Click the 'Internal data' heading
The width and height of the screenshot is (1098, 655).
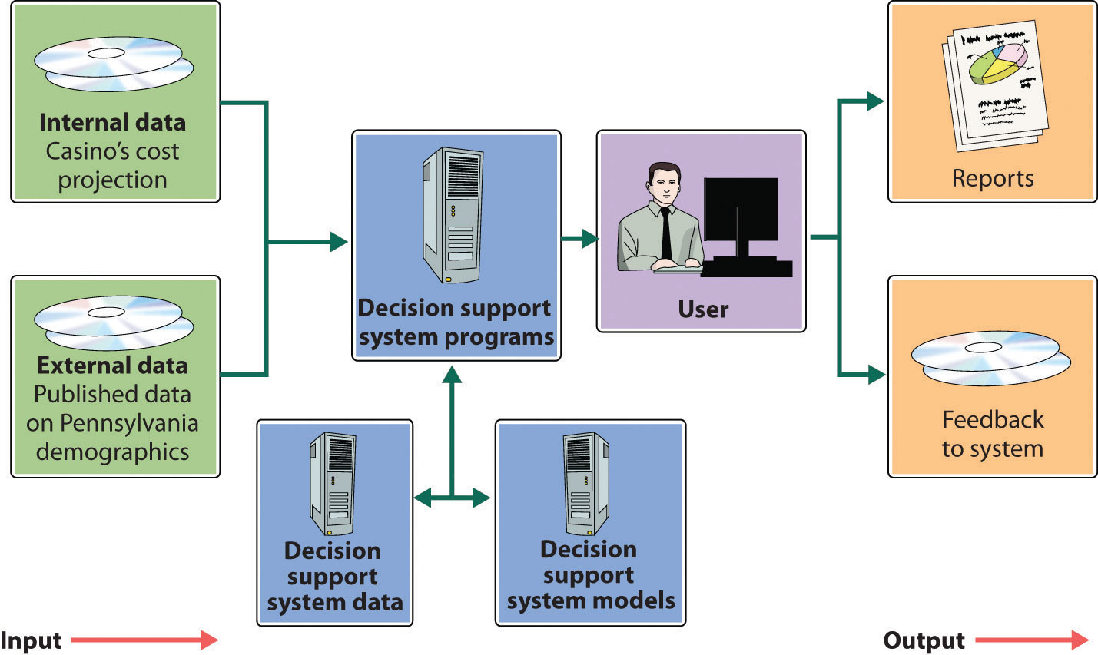click(x=112, y=123)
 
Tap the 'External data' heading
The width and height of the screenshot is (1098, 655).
click(x=112, y=366)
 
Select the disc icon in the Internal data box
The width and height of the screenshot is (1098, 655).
click(x=113, y=64)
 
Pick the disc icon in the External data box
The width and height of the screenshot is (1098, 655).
click(x=113, y=322)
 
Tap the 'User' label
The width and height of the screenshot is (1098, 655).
click(x=702, y=309)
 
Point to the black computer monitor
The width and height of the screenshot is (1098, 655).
click(x=741, y=210)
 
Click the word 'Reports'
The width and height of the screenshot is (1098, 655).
click(x=992, y=178)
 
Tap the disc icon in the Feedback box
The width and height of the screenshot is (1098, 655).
click(x=990, y=358)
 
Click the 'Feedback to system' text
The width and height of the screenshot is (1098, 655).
click(x=992, y=434)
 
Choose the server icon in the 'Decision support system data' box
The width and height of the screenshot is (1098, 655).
click(x=333, y=483)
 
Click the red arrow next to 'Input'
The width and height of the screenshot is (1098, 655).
click(x=144, y=640)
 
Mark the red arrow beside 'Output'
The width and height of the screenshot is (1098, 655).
click(x=1032, y=640)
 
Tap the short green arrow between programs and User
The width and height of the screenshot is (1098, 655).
click(x=579, y=239)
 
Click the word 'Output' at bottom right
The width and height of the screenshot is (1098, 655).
click(x=924, y=640)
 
